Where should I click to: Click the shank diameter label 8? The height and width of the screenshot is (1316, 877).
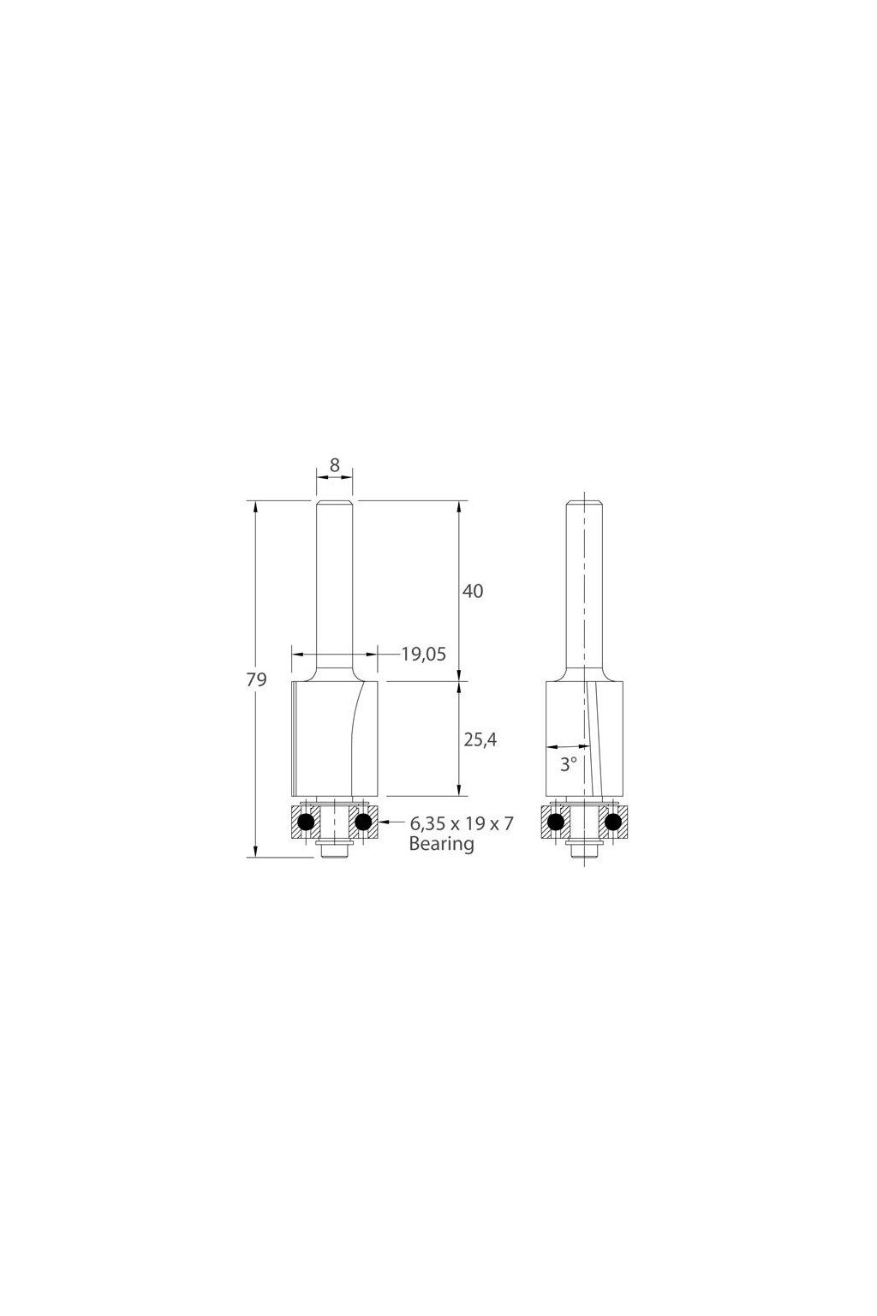(x=334, y=465)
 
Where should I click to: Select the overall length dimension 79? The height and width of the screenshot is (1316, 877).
(x=256, y=679)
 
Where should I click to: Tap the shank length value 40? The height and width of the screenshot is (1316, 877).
(x=473, y=591)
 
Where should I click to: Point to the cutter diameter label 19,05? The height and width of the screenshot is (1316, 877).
(x=424, y=654)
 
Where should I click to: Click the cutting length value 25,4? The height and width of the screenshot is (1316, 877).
(x=480, y=740)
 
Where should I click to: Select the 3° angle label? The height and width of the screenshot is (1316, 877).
(x=568, y=764)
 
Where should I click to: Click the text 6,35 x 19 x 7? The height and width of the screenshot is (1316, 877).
(x=461, y=823)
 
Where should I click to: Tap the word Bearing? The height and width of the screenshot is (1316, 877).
(x=441, y=844)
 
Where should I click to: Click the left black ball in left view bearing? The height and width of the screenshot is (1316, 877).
(x=306, y=822)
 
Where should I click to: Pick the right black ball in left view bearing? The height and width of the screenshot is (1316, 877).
(x=364, y=822)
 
